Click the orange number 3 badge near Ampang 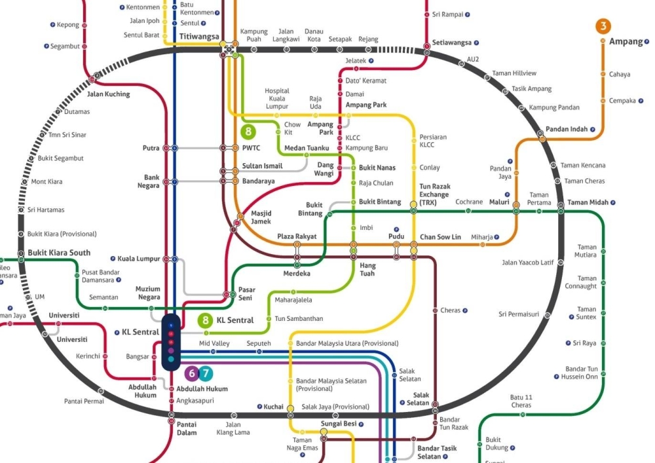click(603, 26)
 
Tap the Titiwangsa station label click(199, 37)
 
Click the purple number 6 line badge click(191, 374)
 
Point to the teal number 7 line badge click(206, 374)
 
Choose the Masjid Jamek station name click(261, 217)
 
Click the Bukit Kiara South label click(59, 253)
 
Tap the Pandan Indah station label click(567, 129)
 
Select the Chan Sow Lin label click(441, 236)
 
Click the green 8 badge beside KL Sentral click(206, 320)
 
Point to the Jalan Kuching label click(108, 94)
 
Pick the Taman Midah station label click(588, 202)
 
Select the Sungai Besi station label click(338, 423)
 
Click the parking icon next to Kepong click(52, 25)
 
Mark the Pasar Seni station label click(246, 293)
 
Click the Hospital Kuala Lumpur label click(276, 99)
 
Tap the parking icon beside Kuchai click(259, 407)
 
